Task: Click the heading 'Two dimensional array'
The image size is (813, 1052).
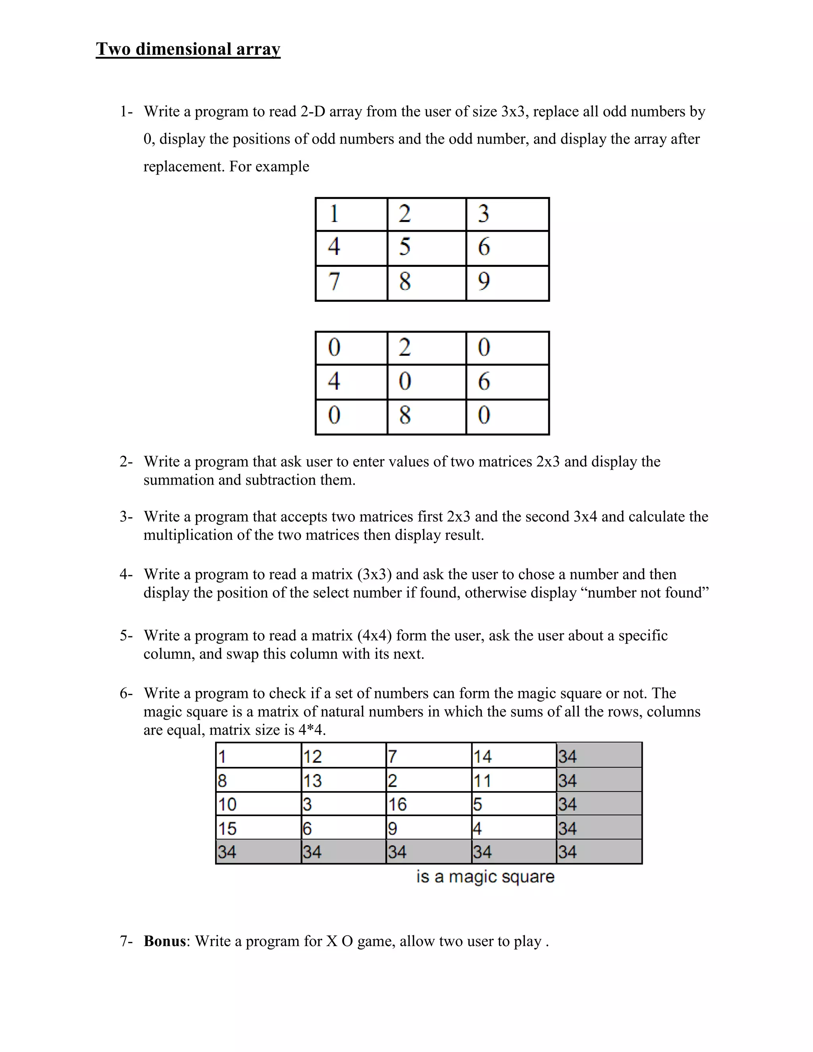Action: [x=188, y=49]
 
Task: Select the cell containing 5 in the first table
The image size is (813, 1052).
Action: [x=426, y=248]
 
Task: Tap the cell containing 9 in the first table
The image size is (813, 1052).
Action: [x=507, y=283]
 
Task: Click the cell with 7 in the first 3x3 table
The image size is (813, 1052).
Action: [x=351, y=283]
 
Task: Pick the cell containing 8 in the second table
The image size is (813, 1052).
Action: [x=426, y=416]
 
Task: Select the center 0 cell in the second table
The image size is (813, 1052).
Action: [x=426, y=381]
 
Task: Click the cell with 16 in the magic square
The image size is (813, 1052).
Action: [x=428, y=804]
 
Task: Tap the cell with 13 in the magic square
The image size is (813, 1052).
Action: [x=343, y=780]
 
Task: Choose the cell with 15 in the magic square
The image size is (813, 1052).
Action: [x=258, y=828]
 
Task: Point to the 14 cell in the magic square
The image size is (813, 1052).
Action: [x=513, y=756]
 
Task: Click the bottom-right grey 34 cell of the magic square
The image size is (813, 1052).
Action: [x=599, y=852]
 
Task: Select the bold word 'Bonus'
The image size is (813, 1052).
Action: [x=165, y=941]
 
